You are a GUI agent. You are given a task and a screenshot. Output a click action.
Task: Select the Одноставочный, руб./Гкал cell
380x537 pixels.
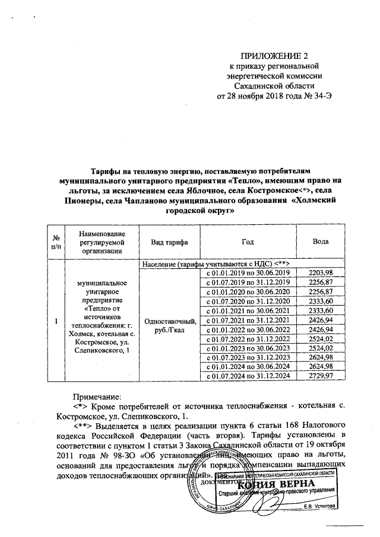(x=167, y=325)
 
